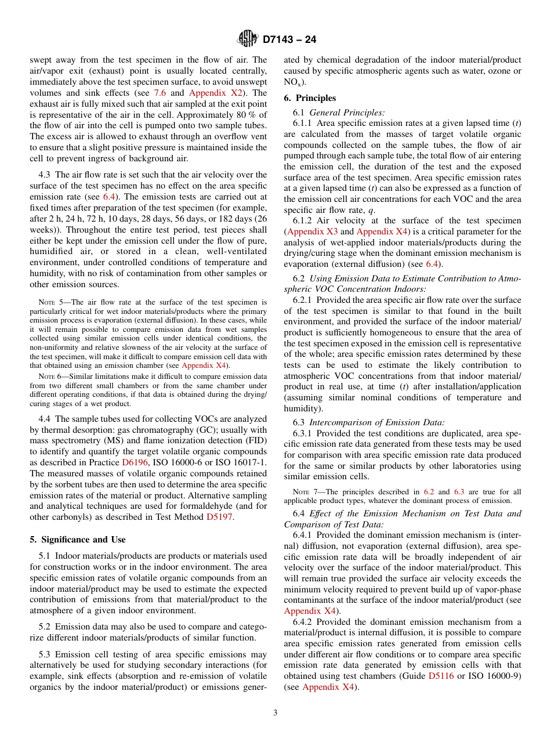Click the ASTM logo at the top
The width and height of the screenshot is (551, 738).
coord(248,39)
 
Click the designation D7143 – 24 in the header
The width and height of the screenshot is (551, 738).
coord(289,40)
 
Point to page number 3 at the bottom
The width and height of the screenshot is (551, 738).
coord(275,713)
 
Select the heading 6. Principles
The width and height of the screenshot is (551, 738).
coord(310,98)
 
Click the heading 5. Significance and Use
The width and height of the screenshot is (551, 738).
coord(78,540)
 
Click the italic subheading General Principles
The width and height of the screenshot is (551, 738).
coord(347,113)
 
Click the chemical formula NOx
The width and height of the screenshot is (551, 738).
coord(292,82)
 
